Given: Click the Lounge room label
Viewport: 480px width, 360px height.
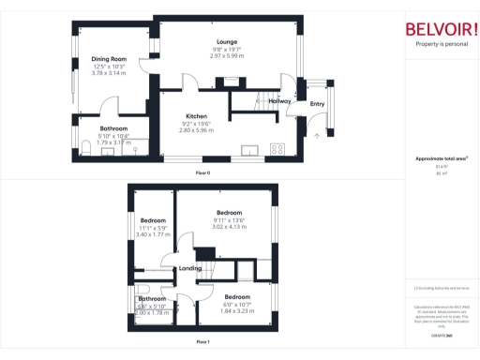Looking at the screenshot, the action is [x=226, y=41].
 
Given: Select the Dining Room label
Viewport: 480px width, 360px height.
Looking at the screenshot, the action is [x=109, y=59].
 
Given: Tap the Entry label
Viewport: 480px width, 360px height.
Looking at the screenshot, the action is [x=317, y=104].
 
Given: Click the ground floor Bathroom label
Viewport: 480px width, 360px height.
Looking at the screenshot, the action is [x=113, y=128].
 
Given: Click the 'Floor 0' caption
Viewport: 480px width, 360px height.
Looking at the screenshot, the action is [x=202, y=173].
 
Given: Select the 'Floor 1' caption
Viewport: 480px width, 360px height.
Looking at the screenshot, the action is [x=202, y=342].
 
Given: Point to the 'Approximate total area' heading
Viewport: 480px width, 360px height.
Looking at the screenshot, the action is [x=441, y=158].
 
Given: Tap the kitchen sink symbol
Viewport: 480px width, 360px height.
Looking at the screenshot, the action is [x=248, y=148].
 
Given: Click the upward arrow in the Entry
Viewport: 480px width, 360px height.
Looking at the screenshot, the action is [x=317, y=135].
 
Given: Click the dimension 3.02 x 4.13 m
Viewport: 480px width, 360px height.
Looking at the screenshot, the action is [x=230, y=227].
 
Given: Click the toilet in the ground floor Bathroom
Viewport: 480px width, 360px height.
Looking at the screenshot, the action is [x=134, y=148].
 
